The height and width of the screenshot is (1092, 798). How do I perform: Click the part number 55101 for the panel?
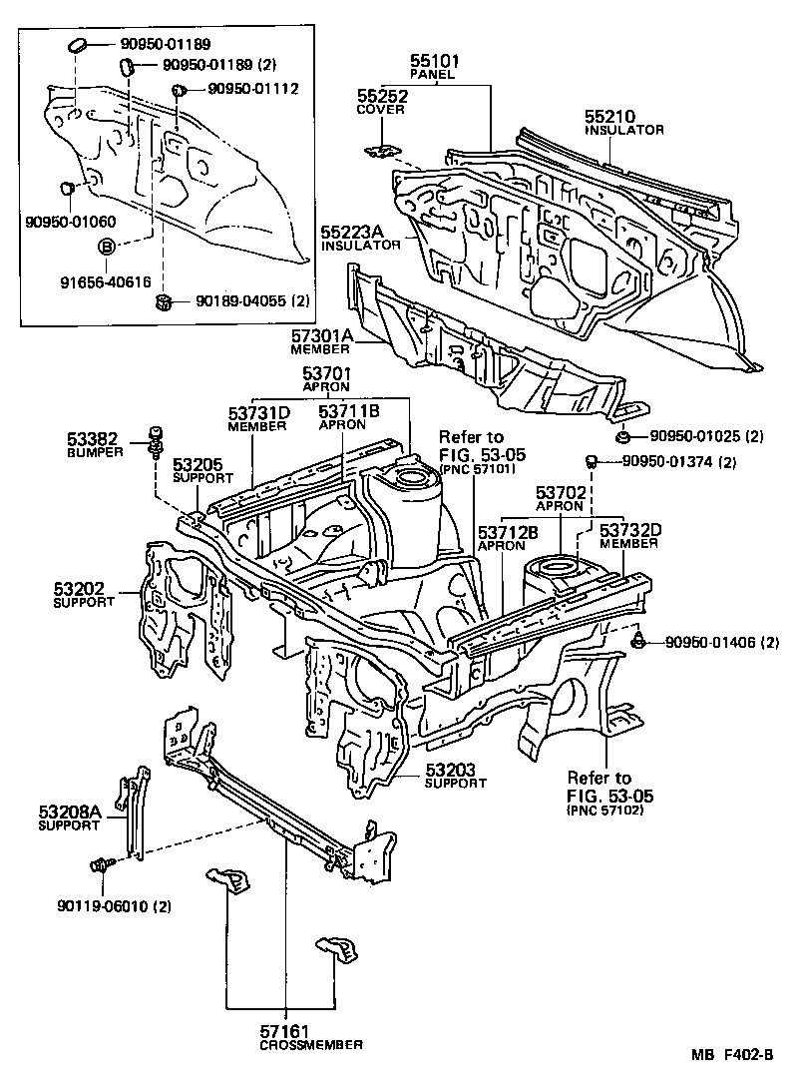point(431,60)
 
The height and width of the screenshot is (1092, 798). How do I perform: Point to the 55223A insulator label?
point(353,231)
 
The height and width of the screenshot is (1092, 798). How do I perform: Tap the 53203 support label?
point(455,770)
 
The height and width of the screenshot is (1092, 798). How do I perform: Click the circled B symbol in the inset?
point(107,247)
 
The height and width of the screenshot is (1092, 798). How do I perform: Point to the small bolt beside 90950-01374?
point(592,460)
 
